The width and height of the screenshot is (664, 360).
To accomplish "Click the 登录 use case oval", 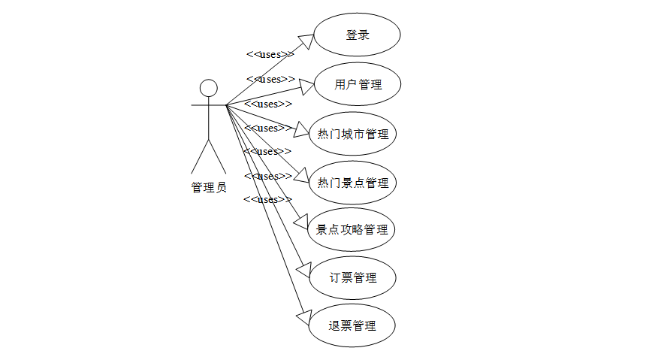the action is click(357, 35).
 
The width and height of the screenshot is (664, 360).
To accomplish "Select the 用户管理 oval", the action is click(357, 84).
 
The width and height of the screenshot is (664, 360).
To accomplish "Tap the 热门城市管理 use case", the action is click(353, 135).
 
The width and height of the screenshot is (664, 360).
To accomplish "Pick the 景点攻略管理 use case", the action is click(352, 230).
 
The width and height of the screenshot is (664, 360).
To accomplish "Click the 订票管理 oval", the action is click(352, 277).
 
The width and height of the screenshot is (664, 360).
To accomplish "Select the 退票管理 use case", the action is click(352, 325).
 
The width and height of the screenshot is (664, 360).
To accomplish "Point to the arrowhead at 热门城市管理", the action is click(301, 132).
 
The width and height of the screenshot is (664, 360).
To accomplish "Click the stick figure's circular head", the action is click(209, 87).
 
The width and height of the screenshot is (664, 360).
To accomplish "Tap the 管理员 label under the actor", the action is click(209, 188).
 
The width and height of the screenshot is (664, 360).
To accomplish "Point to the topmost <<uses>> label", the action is click(270, 54).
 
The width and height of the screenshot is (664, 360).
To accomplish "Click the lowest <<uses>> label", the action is click(267, 199).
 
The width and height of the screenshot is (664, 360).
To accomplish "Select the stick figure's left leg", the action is click(200, 157).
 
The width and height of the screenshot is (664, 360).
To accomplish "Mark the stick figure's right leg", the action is click(217, 157).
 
